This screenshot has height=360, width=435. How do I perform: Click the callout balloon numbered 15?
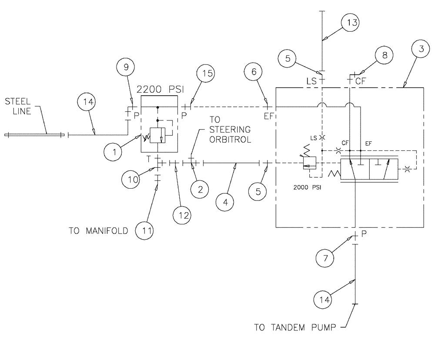click(206, 73)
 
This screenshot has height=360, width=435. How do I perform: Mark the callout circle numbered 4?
click(225, 202)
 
